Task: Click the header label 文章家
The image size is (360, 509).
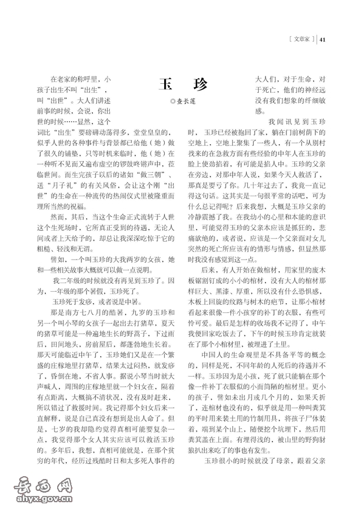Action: pos(300,40)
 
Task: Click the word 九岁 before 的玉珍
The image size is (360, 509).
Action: pos(129,312)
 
